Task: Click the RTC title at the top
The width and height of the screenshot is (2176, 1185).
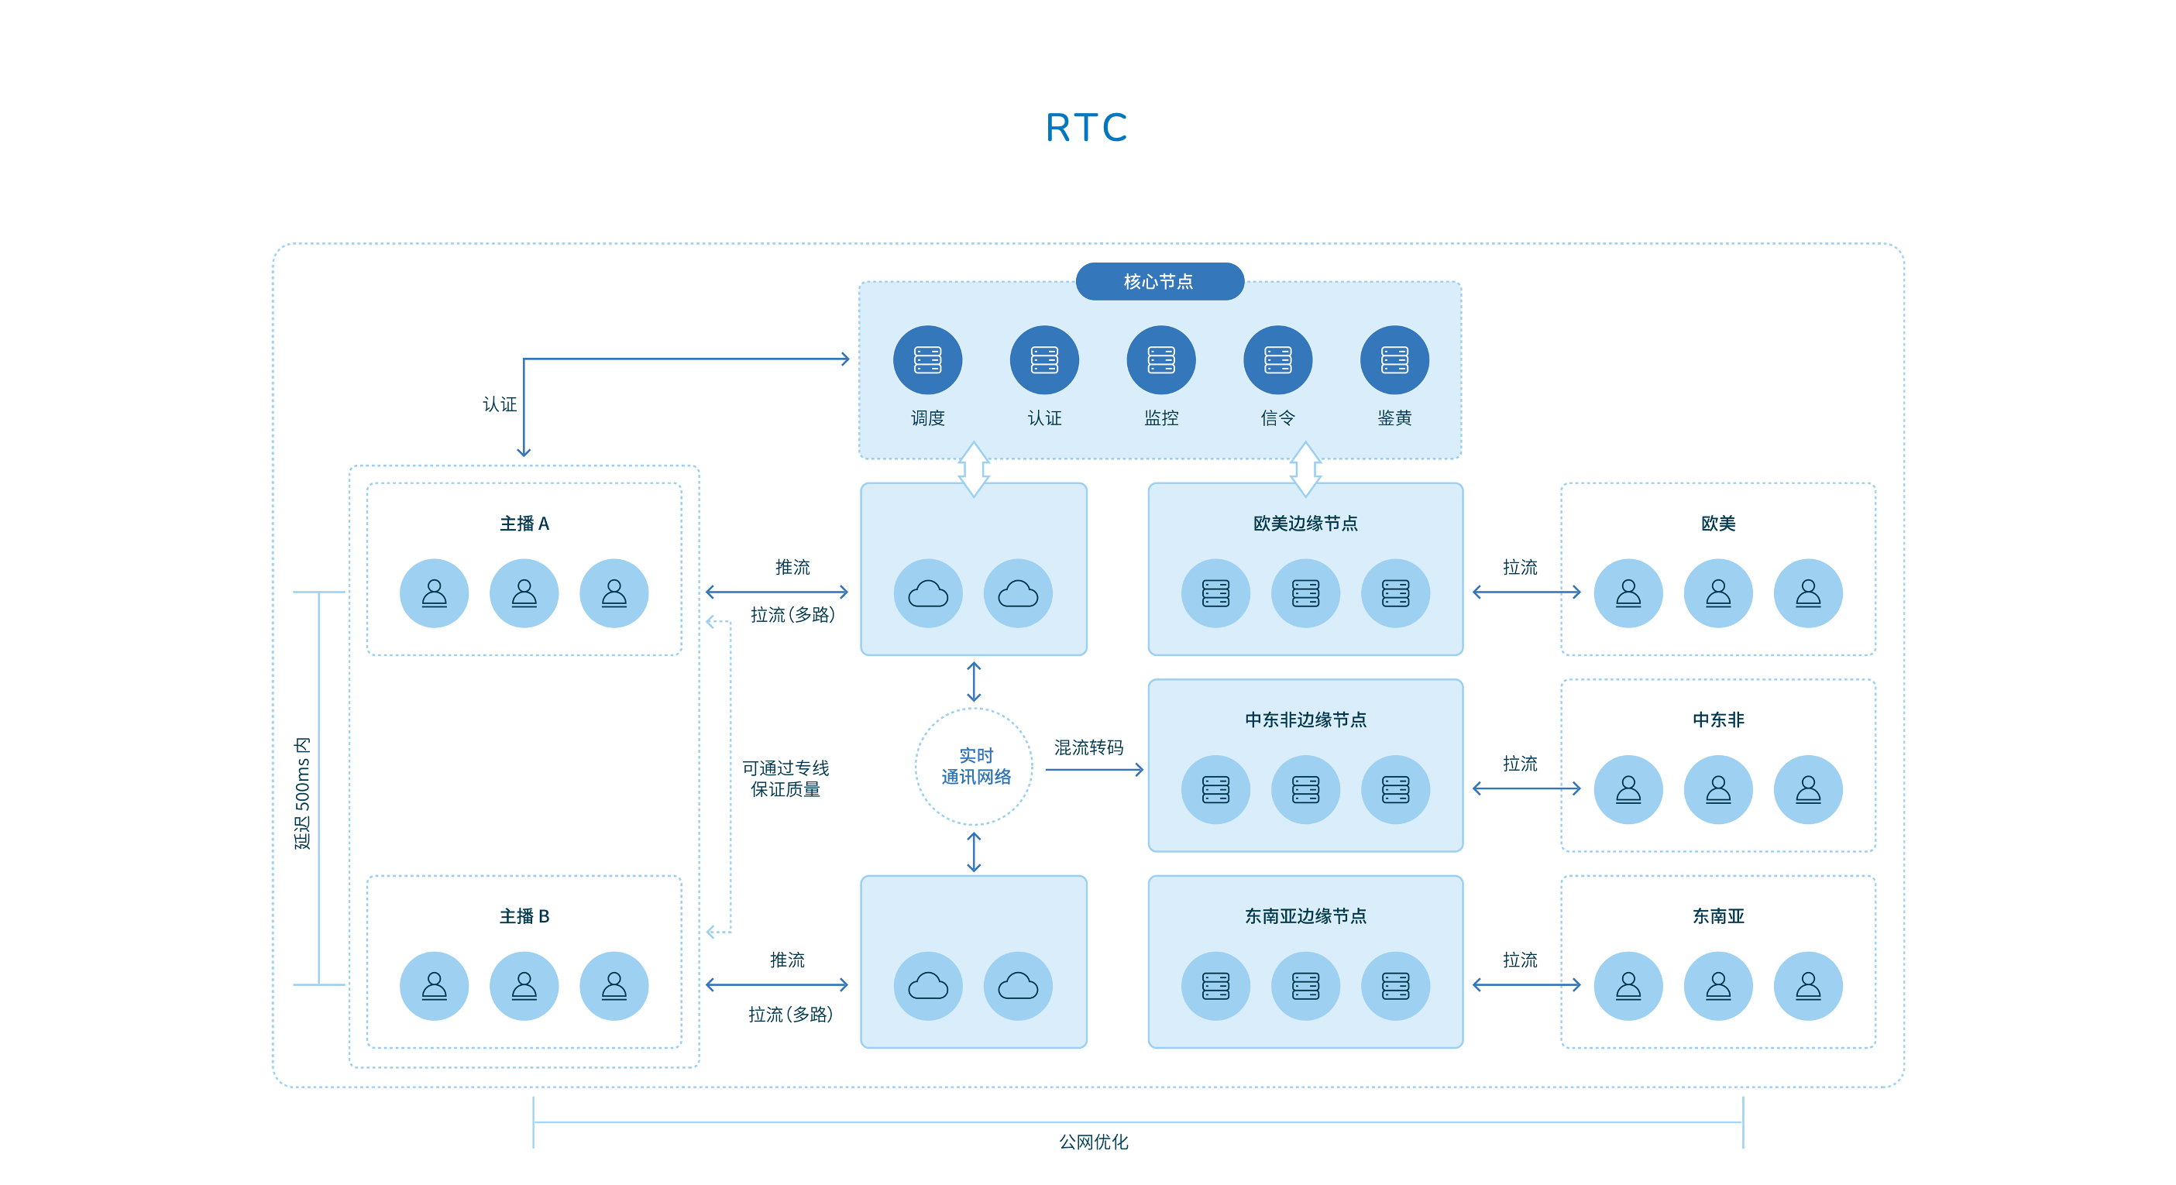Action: point(1086,129)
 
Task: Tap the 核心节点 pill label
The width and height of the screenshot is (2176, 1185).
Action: point(1158,281)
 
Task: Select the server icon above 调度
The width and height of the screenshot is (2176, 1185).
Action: point(926,360)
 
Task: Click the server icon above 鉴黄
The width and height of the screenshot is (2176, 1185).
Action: point(1394,360)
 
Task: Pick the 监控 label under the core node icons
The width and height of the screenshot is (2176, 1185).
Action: point(1160,418)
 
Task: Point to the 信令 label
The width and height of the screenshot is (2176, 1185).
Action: point(1277,418)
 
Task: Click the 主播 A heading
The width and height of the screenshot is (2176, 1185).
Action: point(524,524)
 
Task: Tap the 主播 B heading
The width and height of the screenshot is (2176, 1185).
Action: point(524,916)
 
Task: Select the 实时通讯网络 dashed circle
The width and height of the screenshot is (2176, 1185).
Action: point(974,766)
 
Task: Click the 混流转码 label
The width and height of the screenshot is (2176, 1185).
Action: point(1089,747)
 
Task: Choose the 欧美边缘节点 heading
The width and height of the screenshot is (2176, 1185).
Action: point(1305,524)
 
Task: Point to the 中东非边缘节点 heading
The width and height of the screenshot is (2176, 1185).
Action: point(1305,720)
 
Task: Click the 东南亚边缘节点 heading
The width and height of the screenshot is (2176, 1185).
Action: point(1305,916)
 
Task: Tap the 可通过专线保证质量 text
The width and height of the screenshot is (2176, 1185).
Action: point(785,778)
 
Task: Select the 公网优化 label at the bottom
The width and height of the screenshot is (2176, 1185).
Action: point(1093,1142)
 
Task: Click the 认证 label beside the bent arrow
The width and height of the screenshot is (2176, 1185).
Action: point(499,404)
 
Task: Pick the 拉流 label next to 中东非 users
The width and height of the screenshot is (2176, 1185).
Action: point(1520,764)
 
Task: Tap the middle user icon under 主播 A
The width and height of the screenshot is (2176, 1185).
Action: point(524,593)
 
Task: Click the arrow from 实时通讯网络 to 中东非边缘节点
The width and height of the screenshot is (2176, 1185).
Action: point(1094,769)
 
